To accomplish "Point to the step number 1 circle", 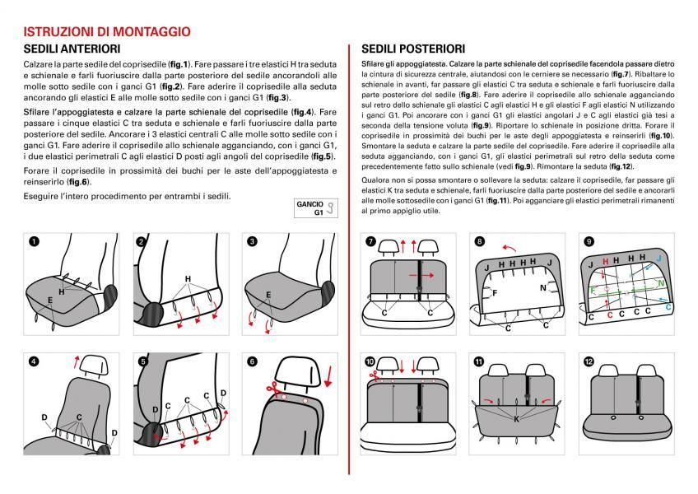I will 34,242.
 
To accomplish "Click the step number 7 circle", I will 370,242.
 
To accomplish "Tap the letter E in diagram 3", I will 268,294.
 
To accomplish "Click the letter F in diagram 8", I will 494,291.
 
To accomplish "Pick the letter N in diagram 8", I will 543,287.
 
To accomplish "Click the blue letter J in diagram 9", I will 658,258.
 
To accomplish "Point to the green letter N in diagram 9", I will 662,284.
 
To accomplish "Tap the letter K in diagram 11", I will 516,418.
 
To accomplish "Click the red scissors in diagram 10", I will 370,378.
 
